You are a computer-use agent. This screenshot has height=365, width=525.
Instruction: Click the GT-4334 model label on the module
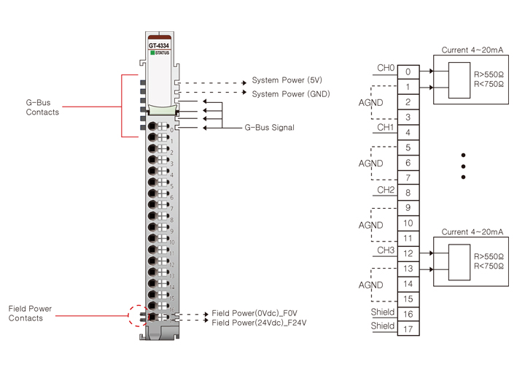[x=160, y=45]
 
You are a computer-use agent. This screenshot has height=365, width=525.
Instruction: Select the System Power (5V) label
[x=287, y=80]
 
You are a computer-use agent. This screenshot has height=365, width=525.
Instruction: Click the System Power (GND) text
[x=291, y=94]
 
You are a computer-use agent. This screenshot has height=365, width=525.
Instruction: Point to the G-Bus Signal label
[x=269, y=128]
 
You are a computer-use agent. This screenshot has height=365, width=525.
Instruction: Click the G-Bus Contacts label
[x=42, y=108]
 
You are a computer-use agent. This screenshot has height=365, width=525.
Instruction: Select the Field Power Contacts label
[x=30, y=314]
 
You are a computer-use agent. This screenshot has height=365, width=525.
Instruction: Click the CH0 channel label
[x=386, y=69]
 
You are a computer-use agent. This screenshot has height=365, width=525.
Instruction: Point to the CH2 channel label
[x=386, y=190]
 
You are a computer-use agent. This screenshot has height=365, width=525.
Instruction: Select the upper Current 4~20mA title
[x=472, y=50]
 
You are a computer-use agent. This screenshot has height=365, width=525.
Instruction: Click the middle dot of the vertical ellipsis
[x=464, y=166]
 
